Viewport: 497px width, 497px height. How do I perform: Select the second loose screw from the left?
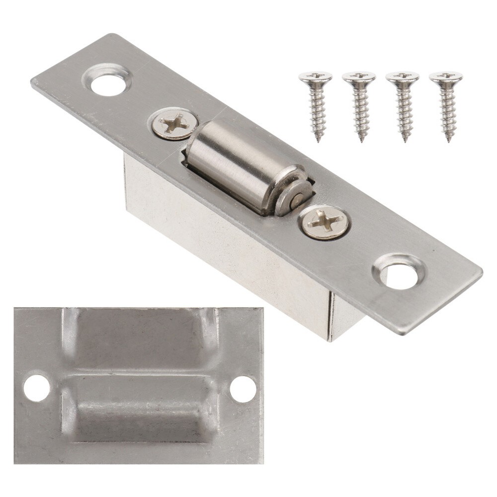coord(359,104)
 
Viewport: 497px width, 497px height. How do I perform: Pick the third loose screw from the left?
coord(402,104)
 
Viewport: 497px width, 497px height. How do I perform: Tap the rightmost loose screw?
coord(446,104)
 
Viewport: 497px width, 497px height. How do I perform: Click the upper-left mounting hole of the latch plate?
coord(107,83)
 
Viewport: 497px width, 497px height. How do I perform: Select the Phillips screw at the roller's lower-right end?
coord(325,222)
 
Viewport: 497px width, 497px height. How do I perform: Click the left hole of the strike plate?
coord(37,388)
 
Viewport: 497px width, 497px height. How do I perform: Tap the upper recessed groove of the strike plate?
coord(139,343)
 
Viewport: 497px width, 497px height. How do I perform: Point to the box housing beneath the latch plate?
coord(224,248)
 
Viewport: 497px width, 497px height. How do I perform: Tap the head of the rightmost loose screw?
coord(446,77)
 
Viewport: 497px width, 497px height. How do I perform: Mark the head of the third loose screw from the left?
coord(402,77)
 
